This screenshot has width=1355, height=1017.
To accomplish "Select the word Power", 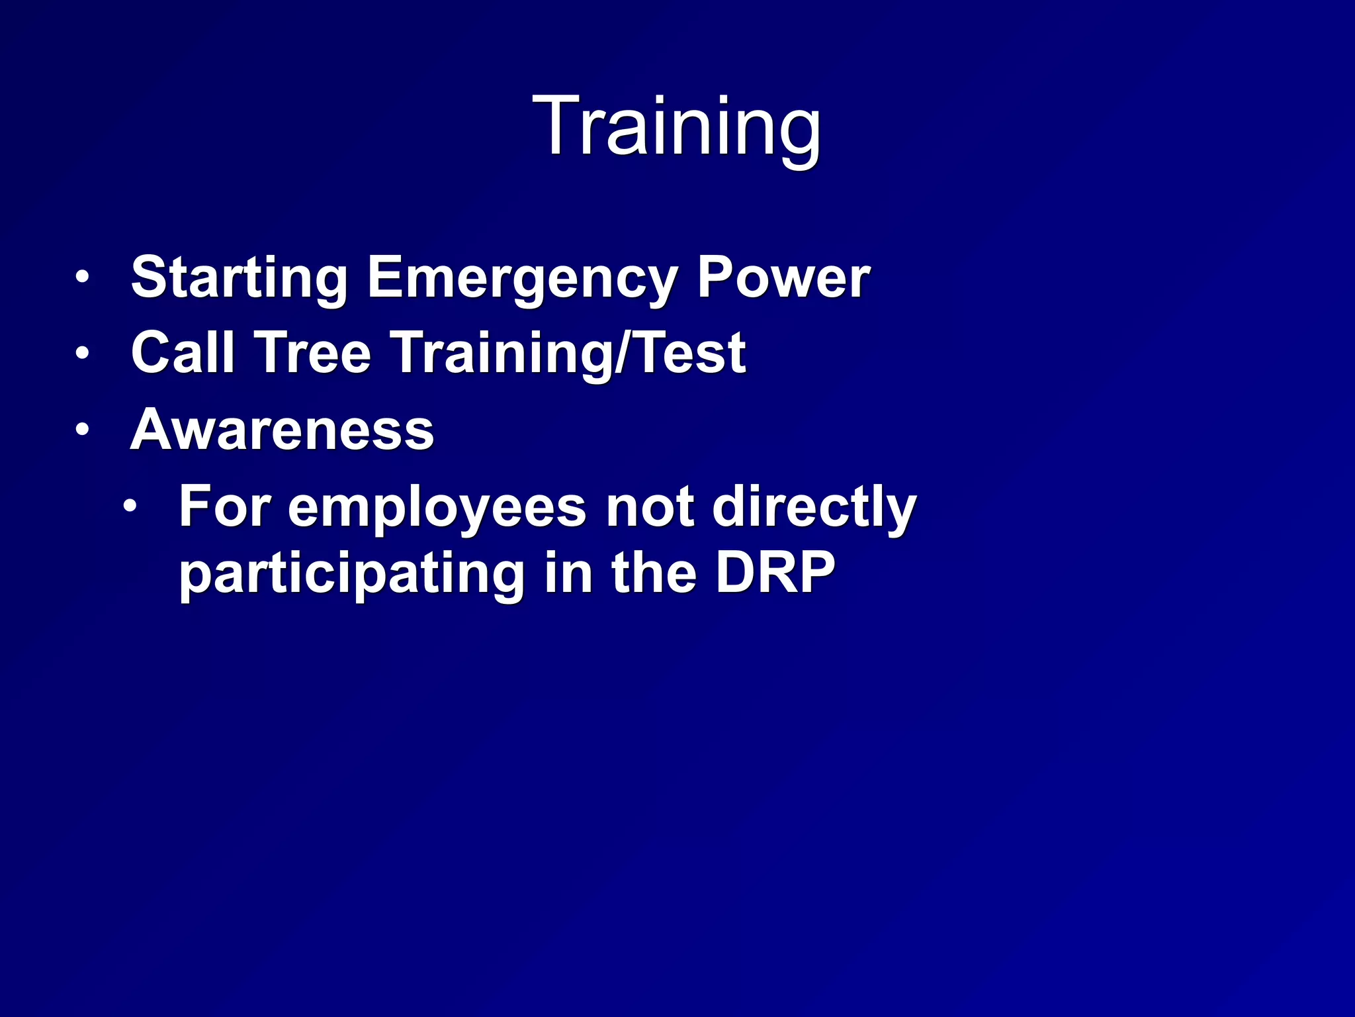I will coord(783,278).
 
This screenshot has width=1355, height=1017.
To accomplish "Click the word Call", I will coord(183,353).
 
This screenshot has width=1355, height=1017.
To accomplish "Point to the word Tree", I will coord(314,353).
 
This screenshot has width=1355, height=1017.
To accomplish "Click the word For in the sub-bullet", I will coord(224,507).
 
